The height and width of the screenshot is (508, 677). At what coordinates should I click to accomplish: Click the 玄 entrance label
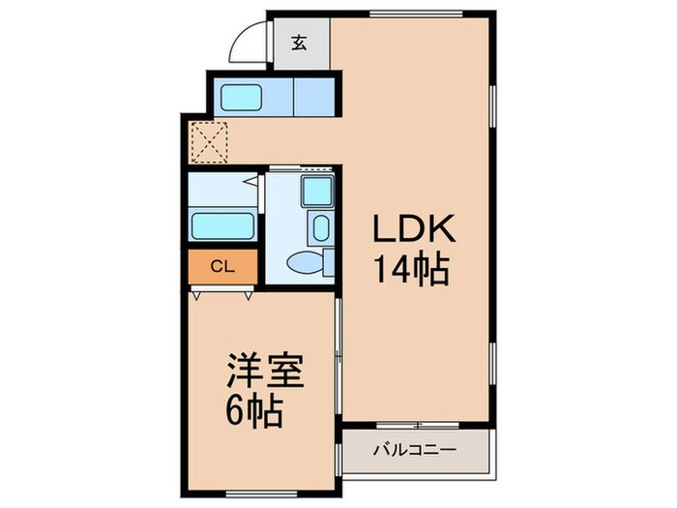pos(300,43)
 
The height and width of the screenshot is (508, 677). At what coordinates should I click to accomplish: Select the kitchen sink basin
pos(243,97)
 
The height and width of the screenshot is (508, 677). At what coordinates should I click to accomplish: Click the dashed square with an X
pos(209,141)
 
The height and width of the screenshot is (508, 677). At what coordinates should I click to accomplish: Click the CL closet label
pos(221,263)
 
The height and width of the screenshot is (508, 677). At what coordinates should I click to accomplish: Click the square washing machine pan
pos(317,192)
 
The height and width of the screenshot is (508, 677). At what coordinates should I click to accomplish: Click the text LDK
pos(411,229)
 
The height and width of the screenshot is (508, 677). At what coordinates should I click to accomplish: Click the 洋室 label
pos(266,373)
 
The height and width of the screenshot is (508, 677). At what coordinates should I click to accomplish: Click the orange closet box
pos(222,263)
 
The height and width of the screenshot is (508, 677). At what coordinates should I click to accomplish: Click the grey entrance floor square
pos(300,43)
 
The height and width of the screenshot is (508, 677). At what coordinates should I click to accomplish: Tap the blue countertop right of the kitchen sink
pos(311,97)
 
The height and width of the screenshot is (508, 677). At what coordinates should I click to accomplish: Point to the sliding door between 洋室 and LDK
pos(338,358)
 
